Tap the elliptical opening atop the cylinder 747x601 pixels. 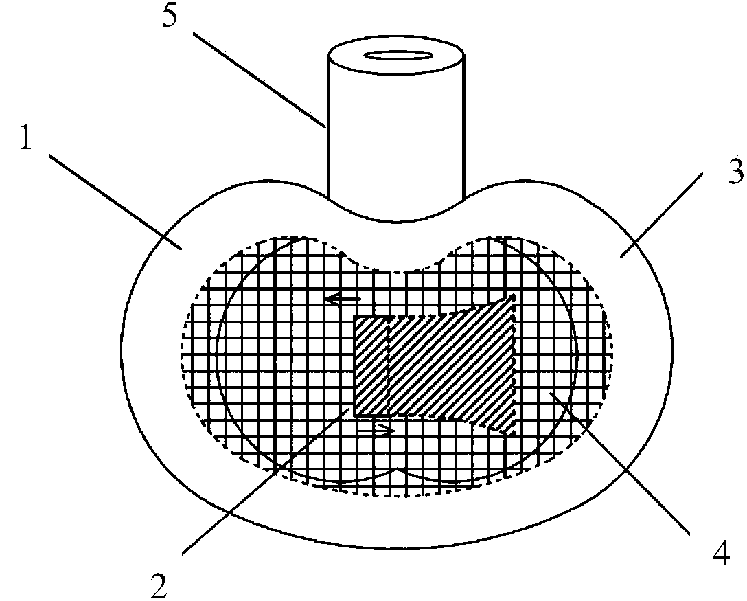[398, 55]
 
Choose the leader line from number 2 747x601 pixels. [268, 481]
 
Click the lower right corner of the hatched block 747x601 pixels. [514, 434]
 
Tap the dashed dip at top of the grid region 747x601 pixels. [397, 269]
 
